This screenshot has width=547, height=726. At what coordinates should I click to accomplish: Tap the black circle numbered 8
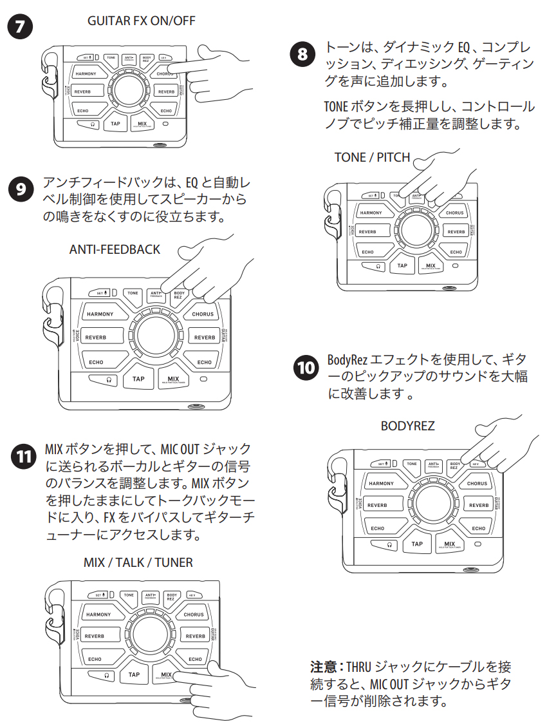click(302, 54)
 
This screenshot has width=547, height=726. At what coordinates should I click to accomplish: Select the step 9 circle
click(21, 189)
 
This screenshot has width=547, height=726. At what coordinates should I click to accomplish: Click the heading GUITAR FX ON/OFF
click(141, 21)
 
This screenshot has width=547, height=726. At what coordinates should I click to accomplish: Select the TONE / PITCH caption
click(371, 158)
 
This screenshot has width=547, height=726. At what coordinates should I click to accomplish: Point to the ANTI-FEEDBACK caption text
click(115, 249)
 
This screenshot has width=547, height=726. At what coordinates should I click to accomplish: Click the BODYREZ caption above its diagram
click(407, 426)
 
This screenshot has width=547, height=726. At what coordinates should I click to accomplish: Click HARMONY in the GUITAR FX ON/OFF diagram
click(86, 74)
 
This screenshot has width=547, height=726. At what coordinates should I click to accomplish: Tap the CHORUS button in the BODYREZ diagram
click(477, 483)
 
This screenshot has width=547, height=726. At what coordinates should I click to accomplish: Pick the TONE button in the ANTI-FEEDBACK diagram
click(133, 293)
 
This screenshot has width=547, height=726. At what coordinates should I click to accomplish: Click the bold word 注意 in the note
click(322, 666)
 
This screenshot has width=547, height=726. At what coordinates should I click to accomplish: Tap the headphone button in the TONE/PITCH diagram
click(378, 265)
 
